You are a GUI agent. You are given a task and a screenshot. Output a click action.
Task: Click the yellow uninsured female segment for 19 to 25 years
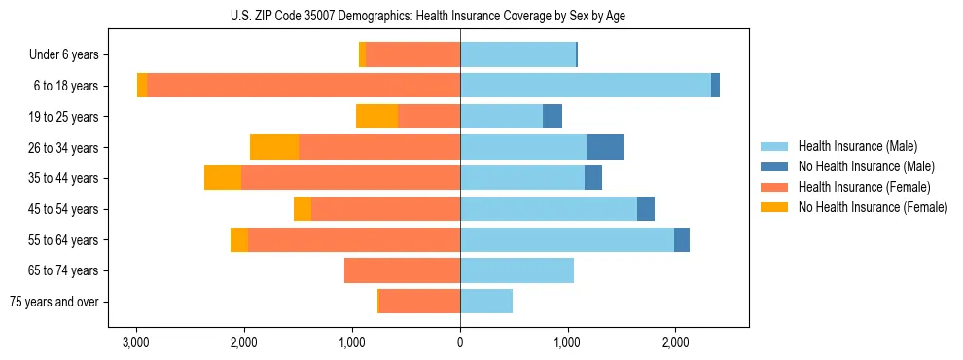pyautogui.click(x=377, y=117)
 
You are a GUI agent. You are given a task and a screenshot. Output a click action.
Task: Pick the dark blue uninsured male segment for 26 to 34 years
pyautogui.click(x=605, y=147)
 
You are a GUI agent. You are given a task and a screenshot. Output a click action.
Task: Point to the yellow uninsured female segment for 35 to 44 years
pyautogui.click(x=223, y=178)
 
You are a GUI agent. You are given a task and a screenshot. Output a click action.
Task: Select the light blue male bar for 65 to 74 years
pyautogui.click(x=517, y=270)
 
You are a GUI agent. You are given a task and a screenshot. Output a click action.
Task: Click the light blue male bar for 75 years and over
pyautogui.click(x=486, y=302)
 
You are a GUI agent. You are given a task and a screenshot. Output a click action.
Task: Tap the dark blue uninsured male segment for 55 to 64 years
pyautogui.click(x=682, y=239)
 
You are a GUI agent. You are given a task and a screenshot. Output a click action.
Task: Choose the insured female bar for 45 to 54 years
pyautogui.click(x=385, y=209)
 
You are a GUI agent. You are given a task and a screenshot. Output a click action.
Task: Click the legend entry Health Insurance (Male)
pyautogui.click(x=857, y=146)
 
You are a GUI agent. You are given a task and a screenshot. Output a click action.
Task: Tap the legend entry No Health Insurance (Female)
pyautogui.click(x=873, y=207)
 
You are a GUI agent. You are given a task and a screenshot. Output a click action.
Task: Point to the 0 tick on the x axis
pyautogui.click(x=460, y=342)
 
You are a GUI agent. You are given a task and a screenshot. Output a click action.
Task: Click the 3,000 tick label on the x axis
pyautogui.click(x=136, y=342)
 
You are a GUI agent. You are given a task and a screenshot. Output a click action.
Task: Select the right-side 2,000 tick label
pyautogui.click(x=676, y=342)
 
